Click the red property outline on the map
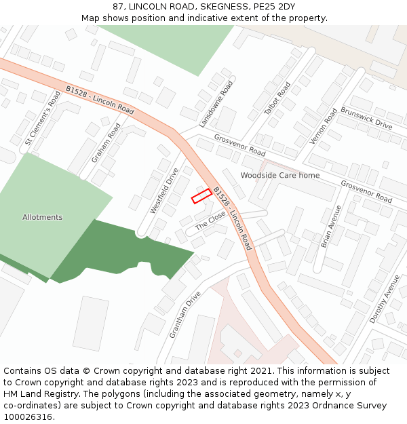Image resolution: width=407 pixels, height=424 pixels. [x=201, y=197]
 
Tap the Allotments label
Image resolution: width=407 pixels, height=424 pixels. [x=42, y=217]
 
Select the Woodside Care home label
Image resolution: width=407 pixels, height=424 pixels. [x=279, y=175]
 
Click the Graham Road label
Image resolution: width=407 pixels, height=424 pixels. [x=106, y=142]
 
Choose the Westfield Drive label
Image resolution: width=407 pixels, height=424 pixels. [x=163, y=191]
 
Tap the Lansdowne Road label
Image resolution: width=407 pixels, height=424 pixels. [x=216, y=104]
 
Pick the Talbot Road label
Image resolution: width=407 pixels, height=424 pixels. [x=277, y=98]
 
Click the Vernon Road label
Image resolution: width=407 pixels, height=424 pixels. [x=323, y=126]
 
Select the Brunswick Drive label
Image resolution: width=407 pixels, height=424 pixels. [x=366, y=117]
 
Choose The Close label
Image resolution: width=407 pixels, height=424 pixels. [x=210, y=220]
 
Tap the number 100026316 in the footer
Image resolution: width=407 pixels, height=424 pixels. [x=27, y=417]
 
